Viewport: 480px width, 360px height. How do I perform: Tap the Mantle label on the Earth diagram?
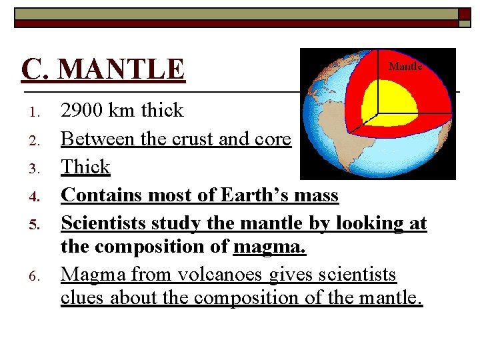tap(405, 66)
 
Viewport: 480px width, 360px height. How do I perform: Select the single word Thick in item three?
tap(85, 167)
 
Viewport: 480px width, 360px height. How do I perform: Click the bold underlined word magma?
tap(269, 247)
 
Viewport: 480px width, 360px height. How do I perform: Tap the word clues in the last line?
tap(83, 298)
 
